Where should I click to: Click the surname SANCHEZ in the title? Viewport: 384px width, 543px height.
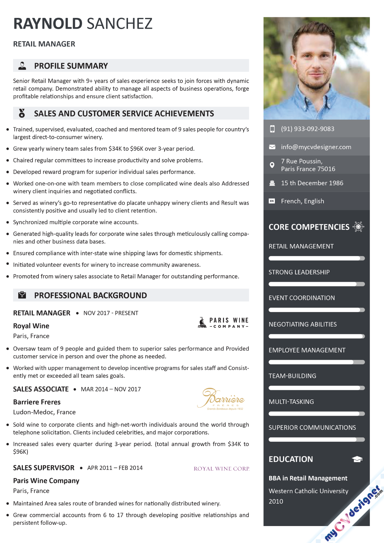pyautogui.click(x=120, y=24)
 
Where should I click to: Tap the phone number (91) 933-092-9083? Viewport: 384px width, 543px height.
pyautogui.click(x=308, y=129)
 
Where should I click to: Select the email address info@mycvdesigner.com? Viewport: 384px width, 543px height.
pyautogui.click(x=316, y=147)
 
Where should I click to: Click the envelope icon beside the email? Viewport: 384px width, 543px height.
pyautogui.click(x=272, y=147)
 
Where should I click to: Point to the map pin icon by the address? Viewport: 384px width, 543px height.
pyautogui.click(x=272, y=165)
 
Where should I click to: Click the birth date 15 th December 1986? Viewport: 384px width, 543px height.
pyautogui.click(x=312, y=183)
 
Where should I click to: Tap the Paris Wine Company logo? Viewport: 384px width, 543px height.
pyautogui.click(x=223, y=322)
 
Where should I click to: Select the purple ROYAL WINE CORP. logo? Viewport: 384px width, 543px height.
pyautogui.click(x=221, y=469)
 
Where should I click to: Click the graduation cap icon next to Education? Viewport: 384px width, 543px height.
pyautogui.click(x=357, y=460)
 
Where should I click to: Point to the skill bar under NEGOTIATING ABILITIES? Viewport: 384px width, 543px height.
pyautogui.click(x=316, y=336)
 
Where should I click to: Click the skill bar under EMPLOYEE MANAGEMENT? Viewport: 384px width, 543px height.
pyautogui.click(x=316, y=362)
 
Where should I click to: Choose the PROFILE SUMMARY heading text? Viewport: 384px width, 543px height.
pyautogui.click(x=71, y=66)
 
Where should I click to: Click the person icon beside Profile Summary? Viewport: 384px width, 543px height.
pyautogui.click(x=22, y=66)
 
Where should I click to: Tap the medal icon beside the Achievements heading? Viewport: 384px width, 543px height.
pyautogui.click(x=22, y=113)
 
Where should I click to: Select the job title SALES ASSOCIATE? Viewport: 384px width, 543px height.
pyautogui.click(x=41, y=389)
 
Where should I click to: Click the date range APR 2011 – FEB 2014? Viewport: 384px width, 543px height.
pyautogui.click(x=115, y=468)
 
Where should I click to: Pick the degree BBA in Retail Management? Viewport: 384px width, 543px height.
pyautogui.click(x=308, y=478)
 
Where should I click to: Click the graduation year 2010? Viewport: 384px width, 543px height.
pyautogui.click(x=276, y=501)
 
